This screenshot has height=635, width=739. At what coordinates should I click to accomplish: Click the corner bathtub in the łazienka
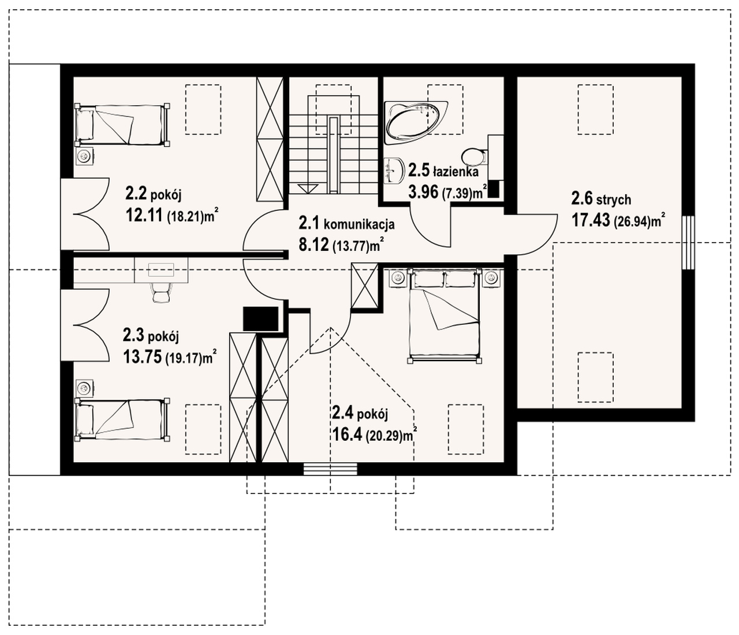[416, 122]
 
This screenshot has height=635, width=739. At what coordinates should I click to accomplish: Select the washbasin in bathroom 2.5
[393, 171]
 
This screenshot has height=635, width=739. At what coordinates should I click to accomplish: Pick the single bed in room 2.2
[122, 125]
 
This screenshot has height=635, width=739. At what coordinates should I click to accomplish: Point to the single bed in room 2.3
[122, 419]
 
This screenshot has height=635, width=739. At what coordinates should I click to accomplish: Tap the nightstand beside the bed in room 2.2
[84, 157]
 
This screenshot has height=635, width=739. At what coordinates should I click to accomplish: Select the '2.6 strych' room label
[601, 199]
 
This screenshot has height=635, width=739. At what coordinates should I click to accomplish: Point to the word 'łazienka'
[456, 172]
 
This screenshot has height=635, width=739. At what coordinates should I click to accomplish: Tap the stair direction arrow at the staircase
[308, 188]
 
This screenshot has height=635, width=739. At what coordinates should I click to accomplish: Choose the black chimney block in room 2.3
[260, 318]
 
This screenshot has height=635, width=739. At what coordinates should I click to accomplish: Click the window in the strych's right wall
[688, 242]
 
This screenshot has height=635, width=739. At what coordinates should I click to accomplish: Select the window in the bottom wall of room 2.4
[330, 469]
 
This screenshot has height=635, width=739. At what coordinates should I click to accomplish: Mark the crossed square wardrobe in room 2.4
[365, 285]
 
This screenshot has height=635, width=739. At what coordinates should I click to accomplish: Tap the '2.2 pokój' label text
[154, 195]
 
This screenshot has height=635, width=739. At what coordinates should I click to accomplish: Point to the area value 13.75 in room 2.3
[142, 357]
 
